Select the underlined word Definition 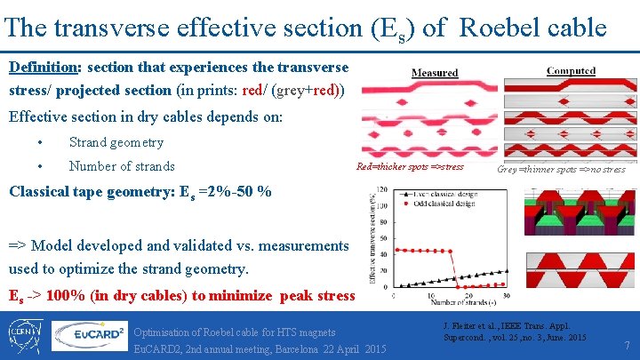[x=38, y=68]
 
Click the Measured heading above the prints [x=435, y=73]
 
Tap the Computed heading [x=571, y=71]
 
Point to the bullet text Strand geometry [x=116, y=142]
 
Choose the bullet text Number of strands [x=122, y=166]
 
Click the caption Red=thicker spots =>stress [x=409, y=167]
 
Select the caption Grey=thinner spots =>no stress [x=561, y=169]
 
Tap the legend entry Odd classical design [x=441, y=203]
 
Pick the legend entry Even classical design [x=441, y=195]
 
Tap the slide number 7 [x=628, y=344]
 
